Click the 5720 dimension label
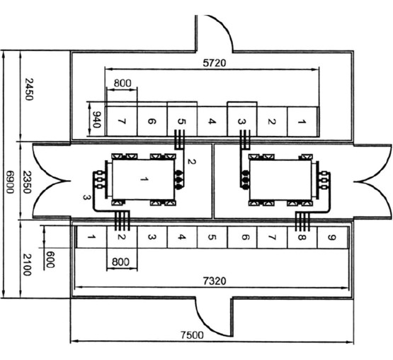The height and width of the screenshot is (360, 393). [x=215, y=63]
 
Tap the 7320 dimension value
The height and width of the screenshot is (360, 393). [x=215, y=281]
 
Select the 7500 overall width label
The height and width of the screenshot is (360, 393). [x=192, y=335]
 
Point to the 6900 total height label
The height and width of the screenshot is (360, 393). [x=10, y=182]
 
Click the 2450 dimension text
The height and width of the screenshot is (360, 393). [x=28, y=89]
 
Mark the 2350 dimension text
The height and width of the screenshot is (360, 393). [x=27, y=182]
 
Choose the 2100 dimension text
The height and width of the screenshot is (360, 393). [x=27, y=264]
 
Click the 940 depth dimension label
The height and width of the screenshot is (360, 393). [x=97, y=120]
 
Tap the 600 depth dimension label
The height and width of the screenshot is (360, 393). [x=50, y=259]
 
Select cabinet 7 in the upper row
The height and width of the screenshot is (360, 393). [x=122, y=122]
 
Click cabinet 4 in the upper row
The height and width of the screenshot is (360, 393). [x=212, y=122]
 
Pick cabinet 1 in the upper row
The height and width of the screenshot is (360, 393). [x=303, y=122]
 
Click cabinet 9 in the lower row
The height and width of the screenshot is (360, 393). [x=332, y=237]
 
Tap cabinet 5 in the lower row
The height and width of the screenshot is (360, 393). [x=212, y=237]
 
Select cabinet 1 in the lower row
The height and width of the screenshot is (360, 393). [x=92, y=237]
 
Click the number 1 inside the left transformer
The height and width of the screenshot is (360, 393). [x=144, y=179]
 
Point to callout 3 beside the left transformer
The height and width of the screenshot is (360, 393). [x=86, y=198]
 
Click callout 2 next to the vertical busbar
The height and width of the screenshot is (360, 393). [x=191, y=162]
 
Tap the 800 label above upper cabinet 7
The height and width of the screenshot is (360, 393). [x=123, y=83]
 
